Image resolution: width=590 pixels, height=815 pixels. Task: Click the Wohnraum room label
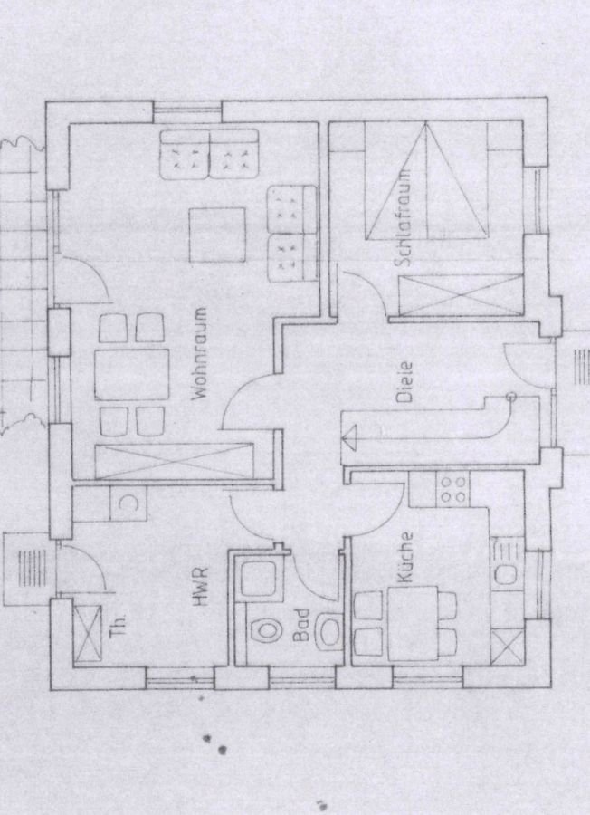tap(200, 353)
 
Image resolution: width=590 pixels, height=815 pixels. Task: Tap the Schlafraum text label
tap(404, 218)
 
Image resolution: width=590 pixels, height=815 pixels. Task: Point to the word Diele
tap(404, 382)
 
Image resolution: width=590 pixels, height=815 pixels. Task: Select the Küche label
tap(404, 557)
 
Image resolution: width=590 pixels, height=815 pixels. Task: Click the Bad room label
tap(301, 625)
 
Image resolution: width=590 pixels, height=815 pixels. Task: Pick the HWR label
tap(200, 588)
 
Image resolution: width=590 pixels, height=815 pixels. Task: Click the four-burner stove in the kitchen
tap(453, 489)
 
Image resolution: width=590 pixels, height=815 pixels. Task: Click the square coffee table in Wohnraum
tap(217, 235)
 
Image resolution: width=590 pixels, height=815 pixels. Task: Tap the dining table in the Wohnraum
tap(132, 374)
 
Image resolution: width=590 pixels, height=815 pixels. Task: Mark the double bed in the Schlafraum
tap(426, 180)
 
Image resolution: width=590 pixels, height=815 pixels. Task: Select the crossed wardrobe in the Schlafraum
tap(461, 295)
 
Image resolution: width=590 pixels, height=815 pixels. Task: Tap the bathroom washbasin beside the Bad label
tap(328, 630)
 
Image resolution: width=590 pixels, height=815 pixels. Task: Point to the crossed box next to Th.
tap(87, 634)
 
